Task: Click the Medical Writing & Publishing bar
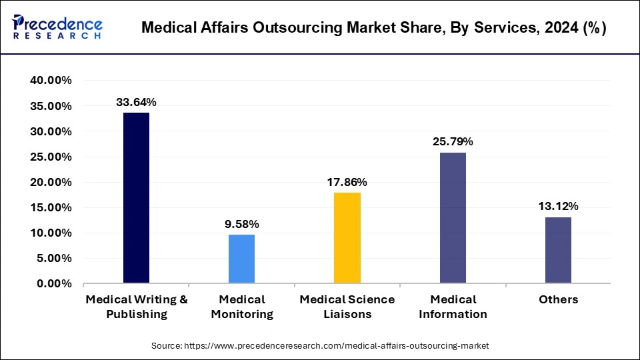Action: (136, 198)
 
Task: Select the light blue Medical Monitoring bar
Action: (242, 259)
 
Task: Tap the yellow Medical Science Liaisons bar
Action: (347, 238)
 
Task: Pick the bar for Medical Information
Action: (453, 218)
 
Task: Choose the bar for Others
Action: (558, 250)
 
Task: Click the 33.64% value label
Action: (136, 102)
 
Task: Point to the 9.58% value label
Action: (242, 223)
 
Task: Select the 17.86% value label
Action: (347, 182)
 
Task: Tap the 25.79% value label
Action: (453, 141)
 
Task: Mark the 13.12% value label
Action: (558, 206)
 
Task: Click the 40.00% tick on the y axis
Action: (51, 81)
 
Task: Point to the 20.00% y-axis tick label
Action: (51, 182)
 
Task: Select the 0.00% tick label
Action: (54, 284)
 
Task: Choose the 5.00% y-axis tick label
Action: (54, 259)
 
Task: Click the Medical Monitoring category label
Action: (242, 307)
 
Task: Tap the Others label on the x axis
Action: (558, 299)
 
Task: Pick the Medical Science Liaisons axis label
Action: (347, 307)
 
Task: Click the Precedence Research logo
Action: (57, 27)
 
